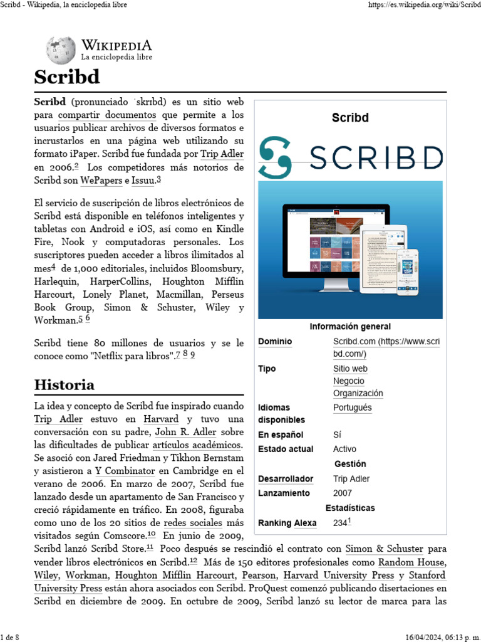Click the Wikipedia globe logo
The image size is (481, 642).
[60, 50]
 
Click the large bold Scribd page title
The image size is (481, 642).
[67, 78]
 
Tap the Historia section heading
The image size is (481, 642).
[65, 384]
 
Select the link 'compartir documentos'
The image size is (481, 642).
[107, 115]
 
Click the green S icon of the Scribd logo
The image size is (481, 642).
[275, 157]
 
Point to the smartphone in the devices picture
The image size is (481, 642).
[407, 271]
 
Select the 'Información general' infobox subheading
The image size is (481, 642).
[350, 327]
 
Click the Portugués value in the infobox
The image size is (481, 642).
[352, 408]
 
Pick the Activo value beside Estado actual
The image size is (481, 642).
[344, 449]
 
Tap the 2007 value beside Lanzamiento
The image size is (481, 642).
[343, 493]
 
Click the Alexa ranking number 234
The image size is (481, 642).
[340, 523]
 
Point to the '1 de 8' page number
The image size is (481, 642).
[10, 638]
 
